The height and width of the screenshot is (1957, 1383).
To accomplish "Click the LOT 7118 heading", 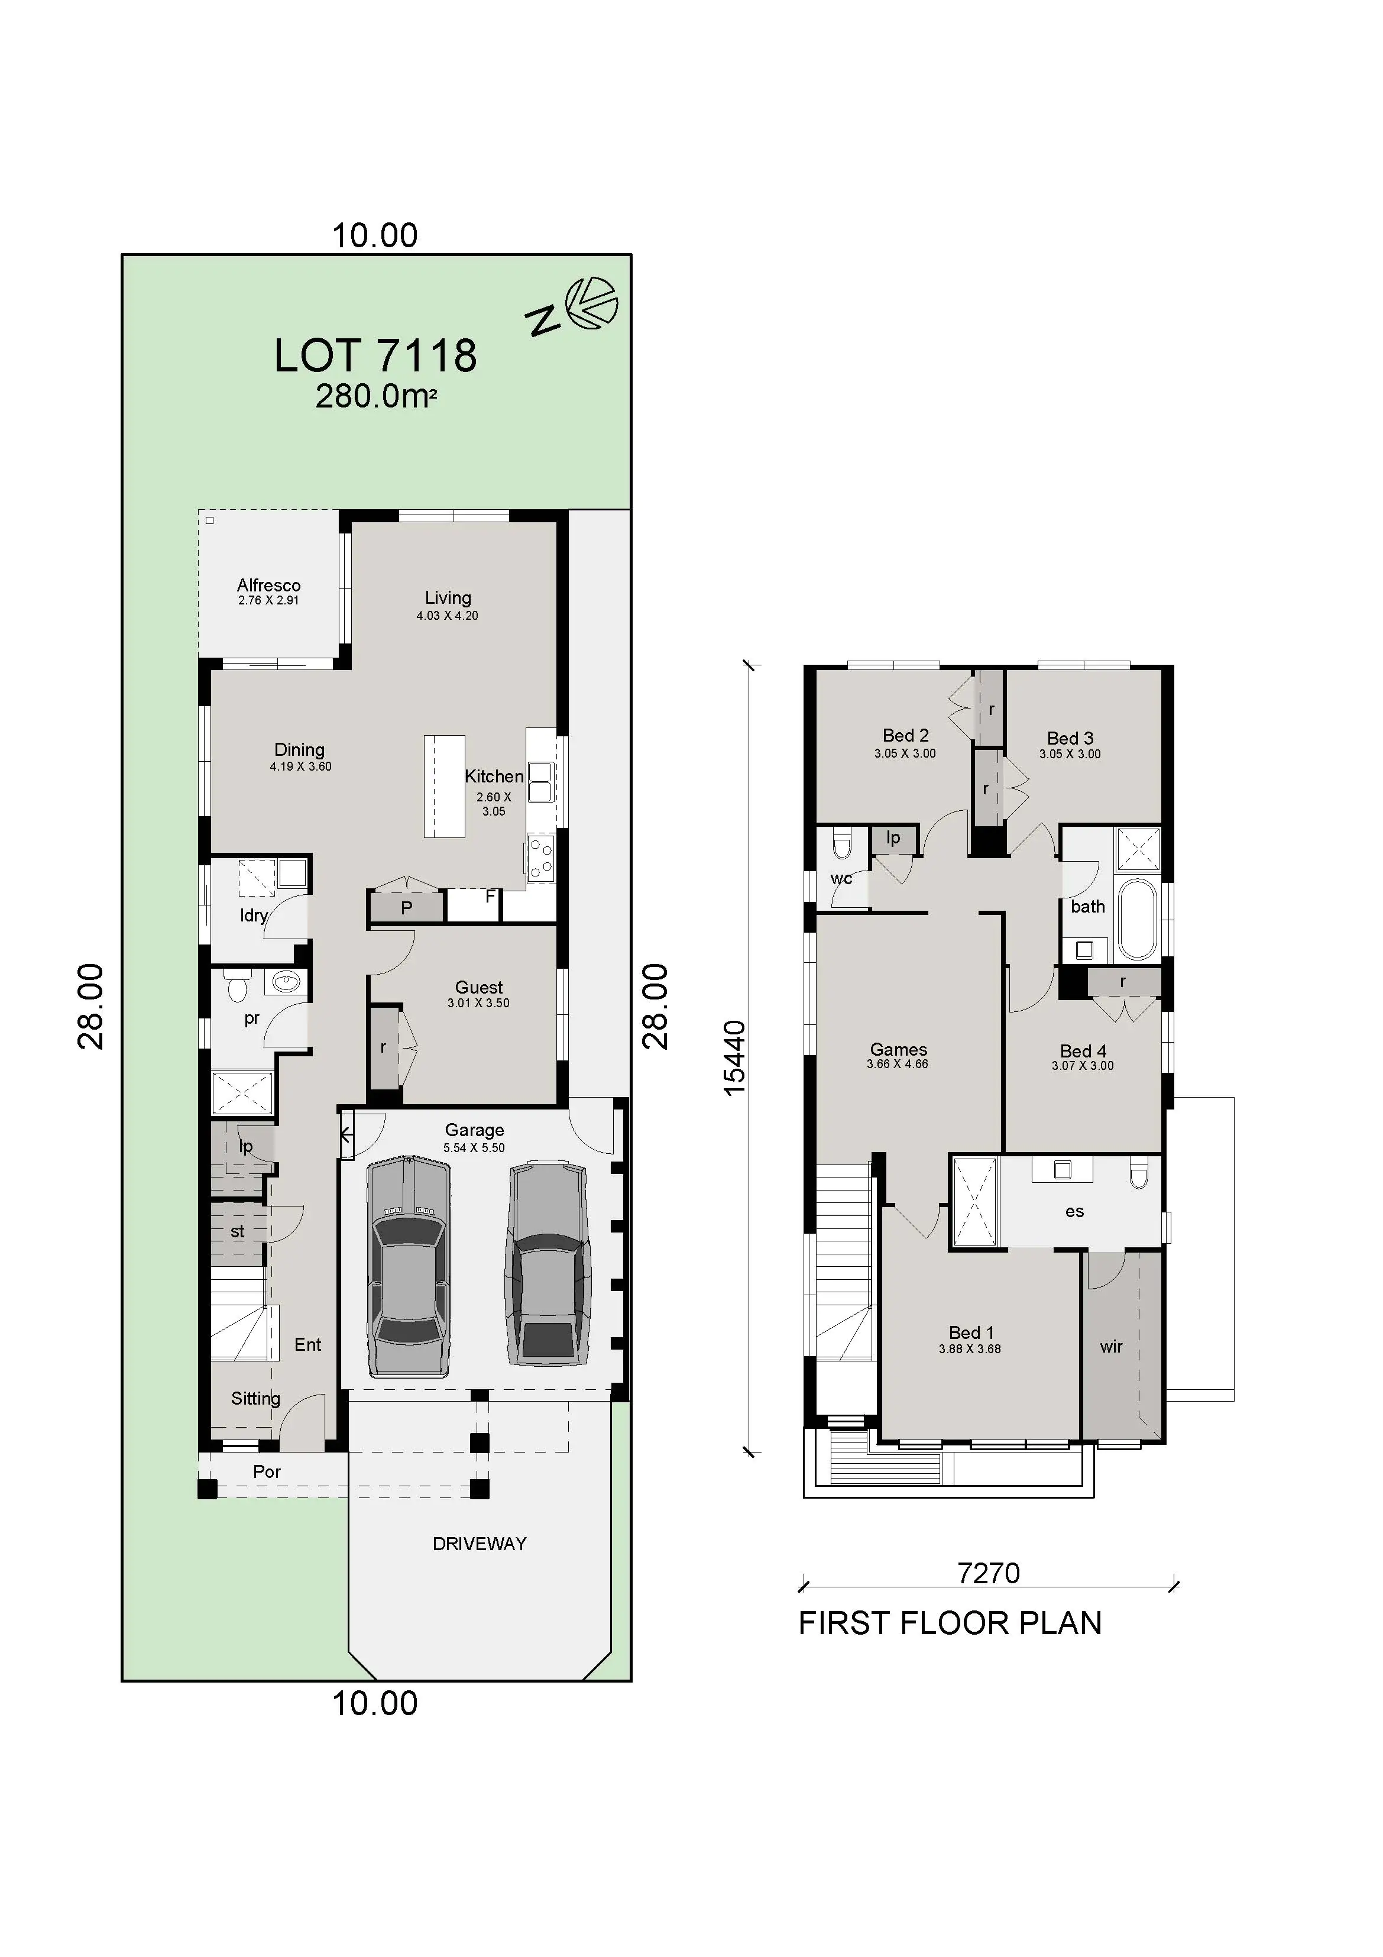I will click(x=375, y=356).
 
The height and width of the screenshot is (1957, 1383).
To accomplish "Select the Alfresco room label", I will click(x=268, y=586).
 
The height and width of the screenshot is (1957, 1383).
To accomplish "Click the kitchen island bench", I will click(x=444, y=786).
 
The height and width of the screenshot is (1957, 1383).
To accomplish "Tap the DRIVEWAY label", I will click(x=479, y=1544).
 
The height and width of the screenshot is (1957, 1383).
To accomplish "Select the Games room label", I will click(x=898, y=1050).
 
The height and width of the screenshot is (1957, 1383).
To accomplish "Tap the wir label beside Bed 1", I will click(x=1110, y=1347).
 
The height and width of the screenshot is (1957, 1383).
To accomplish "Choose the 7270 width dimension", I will click(x=989, y=1573).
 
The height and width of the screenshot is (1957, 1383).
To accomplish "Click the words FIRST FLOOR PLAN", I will click(x=949, y=1623).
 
